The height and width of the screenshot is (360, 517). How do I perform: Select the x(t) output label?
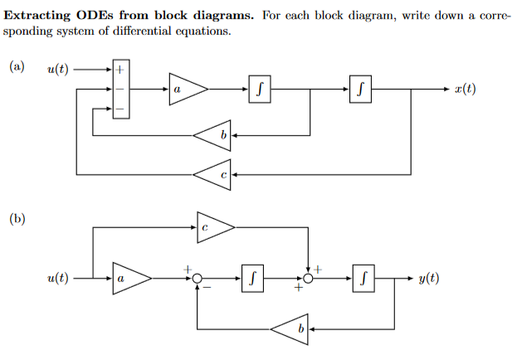pyautogui.click(x=466, y=89)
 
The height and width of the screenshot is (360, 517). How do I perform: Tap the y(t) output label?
pyautogui.click(x=428, y=279)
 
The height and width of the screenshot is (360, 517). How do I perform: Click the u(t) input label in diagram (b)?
pyautogui.click(x=57, y=279)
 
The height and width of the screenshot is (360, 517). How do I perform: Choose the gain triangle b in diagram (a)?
pyautogui.click(x=214, y=134)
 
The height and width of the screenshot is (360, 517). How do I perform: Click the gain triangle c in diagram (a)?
pyautogui.click(x=214, y=174)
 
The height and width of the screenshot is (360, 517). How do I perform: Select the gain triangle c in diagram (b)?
pyautogui.click(x=213, y=226)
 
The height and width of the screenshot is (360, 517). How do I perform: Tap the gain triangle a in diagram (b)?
pyautogui.click(x=129, y=280)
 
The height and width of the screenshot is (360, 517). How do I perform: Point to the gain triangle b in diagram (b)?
pyautogui.click(x=291, y=328)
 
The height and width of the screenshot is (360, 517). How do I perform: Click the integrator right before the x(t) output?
pyautogui.click(x=361, y=89)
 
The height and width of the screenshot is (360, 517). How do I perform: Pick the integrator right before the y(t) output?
pyautogui.click(x=362, y=280)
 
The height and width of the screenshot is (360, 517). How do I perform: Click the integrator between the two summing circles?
pyautogui.click(x=253, y=280)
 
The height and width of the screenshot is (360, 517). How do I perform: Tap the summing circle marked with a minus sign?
pyautogui.click(x=197, y=280)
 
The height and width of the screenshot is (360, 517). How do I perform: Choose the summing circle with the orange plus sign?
pyautogui.click(x=308, y=280)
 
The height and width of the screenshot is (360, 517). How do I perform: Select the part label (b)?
pyautogui.click(x=17, y=219)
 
